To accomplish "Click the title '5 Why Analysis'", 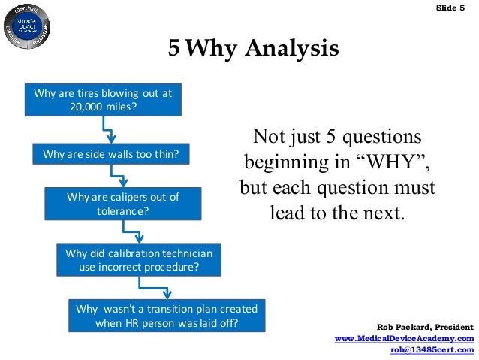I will pyautogui.click(x=254, y=50).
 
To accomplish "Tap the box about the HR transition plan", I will pyautogui.click(x=167, y=316).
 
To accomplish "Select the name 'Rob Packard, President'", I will pyautogui.click(x=425, y=328).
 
